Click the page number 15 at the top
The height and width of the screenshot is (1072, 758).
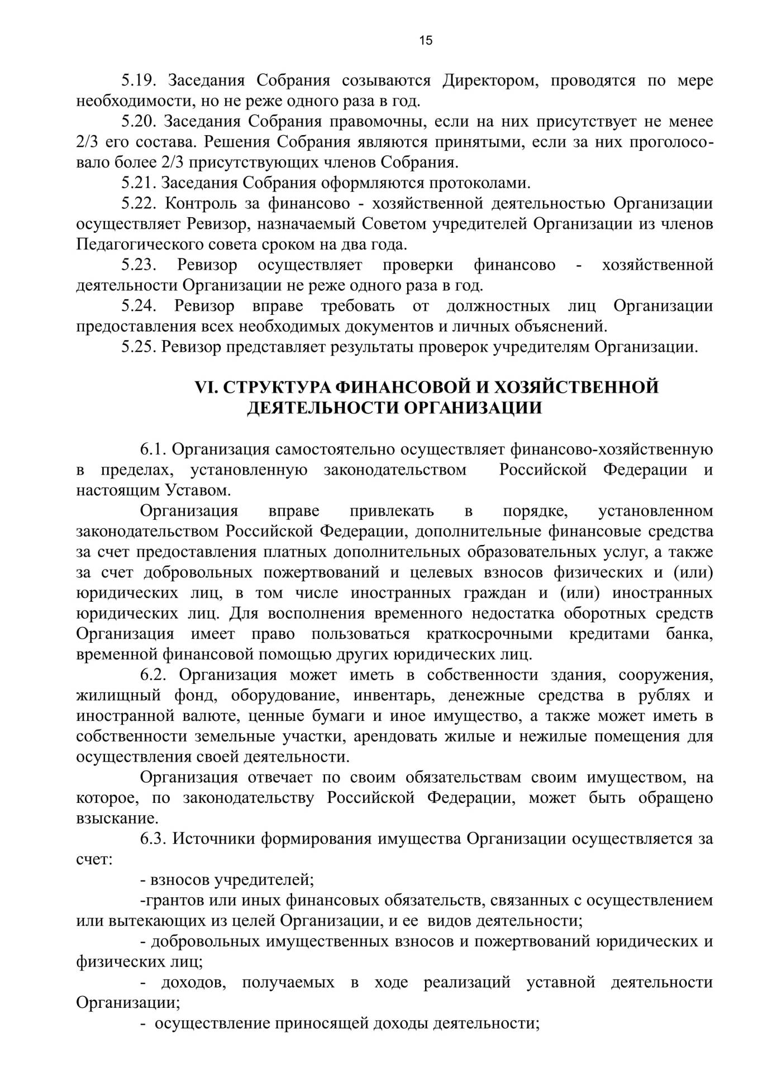click(x=425, y=40)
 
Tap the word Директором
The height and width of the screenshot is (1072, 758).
click(x=490, y=80)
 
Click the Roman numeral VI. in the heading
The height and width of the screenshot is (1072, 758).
click(x=206, y=387)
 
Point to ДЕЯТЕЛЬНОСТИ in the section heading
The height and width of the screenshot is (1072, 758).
click(x=322, y=408)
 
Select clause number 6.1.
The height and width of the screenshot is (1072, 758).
click(x=153, y=449)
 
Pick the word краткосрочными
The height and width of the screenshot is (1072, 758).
click(x=489, y=634)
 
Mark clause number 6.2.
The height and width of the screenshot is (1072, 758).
click(x=154, y=674)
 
